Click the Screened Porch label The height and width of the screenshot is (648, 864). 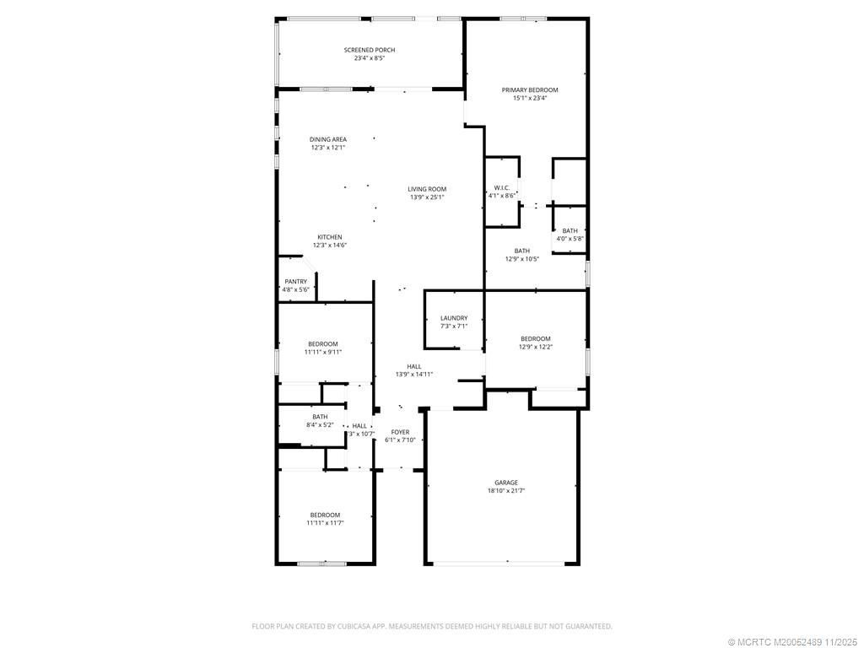[x=370, y=50]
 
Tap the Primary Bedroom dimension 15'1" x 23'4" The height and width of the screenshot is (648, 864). [x=530, y=98]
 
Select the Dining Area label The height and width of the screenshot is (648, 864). [x=328, y=139]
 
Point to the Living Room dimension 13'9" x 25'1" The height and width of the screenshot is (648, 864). [x=427, y=197]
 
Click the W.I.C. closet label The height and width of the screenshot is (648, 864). [x=501, y=187]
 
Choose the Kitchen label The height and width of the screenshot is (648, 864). [x=329, y=236]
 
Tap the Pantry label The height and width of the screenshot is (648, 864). [x=295, y=282]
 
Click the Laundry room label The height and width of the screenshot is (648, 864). [x=454, y=318]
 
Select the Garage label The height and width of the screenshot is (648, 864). [x=506, y=483]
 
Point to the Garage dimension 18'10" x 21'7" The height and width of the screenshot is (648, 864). [x=506, y=491]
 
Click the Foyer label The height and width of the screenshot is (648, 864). [x=400, y=432]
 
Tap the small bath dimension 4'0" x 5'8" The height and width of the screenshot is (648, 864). [x=570, y=239]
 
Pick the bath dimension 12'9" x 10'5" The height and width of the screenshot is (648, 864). [x=522, y=259]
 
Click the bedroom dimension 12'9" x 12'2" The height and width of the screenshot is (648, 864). [x=535, y=347]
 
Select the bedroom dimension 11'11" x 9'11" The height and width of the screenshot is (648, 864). [x=322, y=352]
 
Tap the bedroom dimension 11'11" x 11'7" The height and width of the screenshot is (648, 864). [x=325, y=523]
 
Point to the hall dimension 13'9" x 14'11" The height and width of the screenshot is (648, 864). [x=414, y=375]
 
